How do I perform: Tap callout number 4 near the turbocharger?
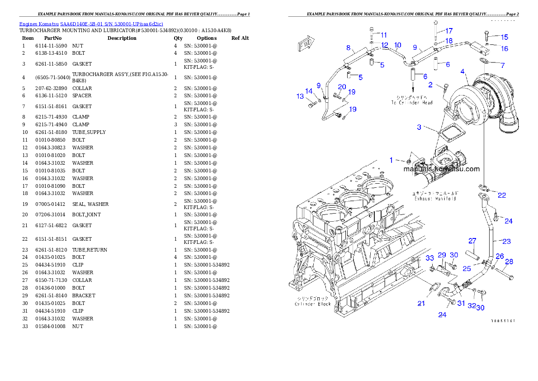coord(462,71)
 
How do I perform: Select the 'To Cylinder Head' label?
coord(412,100)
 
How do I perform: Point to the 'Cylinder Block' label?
coord(312,301)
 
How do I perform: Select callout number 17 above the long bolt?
coord(448,31)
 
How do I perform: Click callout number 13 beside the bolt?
coord(300,96)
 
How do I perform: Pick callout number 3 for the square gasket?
coord(419,127)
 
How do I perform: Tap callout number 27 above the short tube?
coord(472,240)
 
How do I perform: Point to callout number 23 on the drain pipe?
coord(506,241)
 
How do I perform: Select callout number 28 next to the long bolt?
coord(509,262)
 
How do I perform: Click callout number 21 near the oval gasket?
coord(421,304)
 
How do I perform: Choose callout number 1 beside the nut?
coord(392,160)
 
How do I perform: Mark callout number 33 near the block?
coord(430,258)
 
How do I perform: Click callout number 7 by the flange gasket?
coord(502,65)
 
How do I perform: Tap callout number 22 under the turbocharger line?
coord(502,195)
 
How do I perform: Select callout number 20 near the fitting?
coord(342,86)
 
